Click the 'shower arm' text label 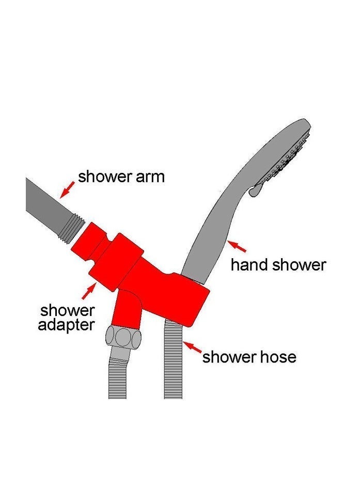pyautogui.click(x=121, y=177)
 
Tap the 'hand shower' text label pyautogui.click(x=278, y=265)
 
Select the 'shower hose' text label pyautogui.click(x=249, y=357)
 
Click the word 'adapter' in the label pyautogui.click(x=66, y=325)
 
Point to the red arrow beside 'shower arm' pyautogui.click(x=67, y=190)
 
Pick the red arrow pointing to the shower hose pyautogui.click(x=192, y=347)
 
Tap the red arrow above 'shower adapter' pyautogui.click(x=89, y=290)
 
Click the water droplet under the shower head pyautogui.click(x=255, y=191)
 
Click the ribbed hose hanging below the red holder pyautogui.click(x=173, y=360)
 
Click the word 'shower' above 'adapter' pyautogui.click(x=67, y=310)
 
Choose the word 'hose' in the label pyautogui.click(x=277, y=357)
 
